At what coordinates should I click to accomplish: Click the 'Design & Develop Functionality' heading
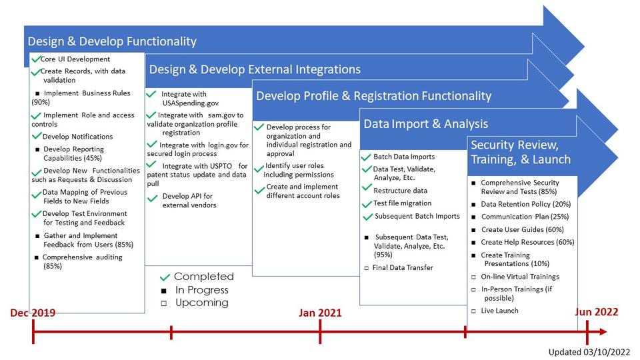pos(112,41)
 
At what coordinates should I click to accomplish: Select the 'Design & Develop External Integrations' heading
pos(255,69)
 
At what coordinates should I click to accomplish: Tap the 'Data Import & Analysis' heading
pos(425,123)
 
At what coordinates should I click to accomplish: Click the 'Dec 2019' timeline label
pos(33,312)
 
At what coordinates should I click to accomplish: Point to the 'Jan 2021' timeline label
pos(320,312)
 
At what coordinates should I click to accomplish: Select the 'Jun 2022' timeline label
pos(596,312)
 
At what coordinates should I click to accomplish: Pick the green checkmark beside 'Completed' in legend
pos(165,277)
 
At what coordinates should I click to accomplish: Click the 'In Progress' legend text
pos(201,290)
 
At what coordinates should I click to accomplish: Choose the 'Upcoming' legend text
pos(201,303)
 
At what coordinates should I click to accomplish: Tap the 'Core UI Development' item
pos(75,59)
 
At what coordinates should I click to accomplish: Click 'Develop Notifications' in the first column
pos(77,137)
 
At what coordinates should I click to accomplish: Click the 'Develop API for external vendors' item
pos(189,201)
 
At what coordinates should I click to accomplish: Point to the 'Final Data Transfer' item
pos(403,267)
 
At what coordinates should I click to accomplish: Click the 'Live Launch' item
pos(499,311)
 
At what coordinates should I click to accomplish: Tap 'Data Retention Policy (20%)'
pos(525,204)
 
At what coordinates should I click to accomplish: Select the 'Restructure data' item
pos(400,191)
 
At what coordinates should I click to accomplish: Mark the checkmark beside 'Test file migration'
pos(366,204)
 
